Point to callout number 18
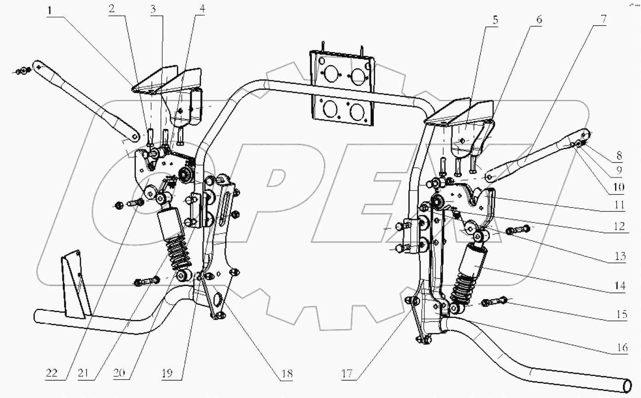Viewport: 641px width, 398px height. click(287, 373)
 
